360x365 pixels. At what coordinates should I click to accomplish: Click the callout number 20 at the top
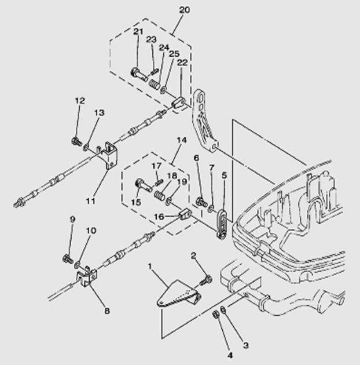click(x=184, y=10)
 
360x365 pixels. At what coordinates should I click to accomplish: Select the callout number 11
click(x=90, y=200)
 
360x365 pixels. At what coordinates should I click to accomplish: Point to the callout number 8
click(x=106, y=311)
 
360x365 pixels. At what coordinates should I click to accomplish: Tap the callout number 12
click(x=79, y=100)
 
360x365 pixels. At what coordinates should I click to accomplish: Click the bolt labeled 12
click(x=75, y=141)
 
